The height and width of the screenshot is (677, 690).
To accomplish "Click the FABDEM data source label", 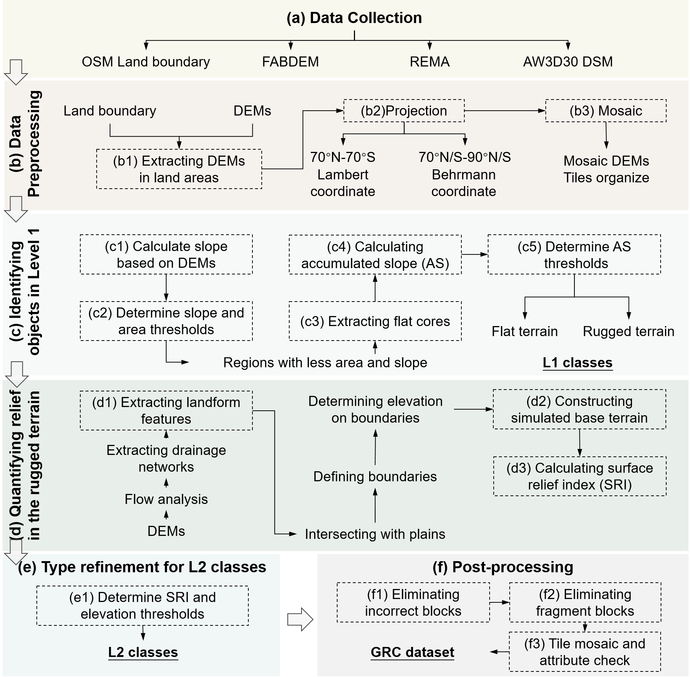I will [x=290, y=62].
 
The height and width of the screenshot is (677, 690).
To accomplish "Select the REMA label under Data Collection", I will [x=429, y=62].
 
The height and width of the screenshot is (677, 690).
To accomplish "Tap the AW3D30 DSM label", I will [x=568, y=62].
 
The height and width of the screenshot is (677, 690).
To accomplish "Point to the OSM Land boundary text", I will [x=146, y=62].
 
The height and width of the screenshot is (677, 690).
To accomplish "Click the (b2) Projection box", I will [x=404, y=111].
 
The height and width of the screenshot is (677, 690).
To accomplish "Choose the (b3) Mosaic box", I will [x=606, y=111].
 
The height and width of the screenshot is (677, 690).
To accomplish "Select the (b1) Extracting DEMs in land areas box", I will [x=179, y=169].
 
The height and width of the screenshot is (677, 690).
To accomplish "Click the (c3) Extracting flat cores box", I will [x=375, y=321].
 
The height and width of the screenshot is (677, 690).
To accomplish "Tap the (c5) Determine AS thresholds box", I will [x=574, y=255].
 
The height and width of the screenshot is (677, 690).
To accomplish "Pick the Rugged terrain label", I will [x=628, y=331].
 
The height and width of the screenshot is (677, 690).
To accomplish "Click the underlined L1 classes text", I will [x=577, y=362].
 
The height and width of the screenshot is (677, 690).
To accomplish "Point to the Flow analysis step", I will [x=166, y=499].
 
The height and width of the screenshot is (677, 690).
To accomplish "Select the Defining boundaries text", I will [x=375, y=476].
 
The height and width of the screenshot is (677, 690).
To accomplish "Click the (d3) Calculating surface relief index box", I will [x=580, y=476].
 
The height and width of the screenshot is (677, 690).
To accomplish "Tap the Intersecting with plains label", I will [x=375, y=534].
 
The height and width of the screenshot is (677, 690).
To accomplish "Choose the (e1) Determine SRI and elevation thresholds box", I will [x=142, y=606].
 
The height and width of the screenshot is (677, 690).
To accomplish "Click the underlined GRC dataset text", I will [x=412, y=652].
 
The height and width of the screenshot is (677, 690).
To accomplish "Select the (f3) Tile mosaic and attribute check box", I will [x=585, y=652].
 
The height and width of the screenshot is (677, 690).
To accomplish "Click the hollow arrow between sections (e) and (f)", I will [x=300, y=619].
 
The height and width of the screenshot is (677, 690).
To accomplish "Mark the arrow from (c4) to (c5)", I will [x=474, y=254].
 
